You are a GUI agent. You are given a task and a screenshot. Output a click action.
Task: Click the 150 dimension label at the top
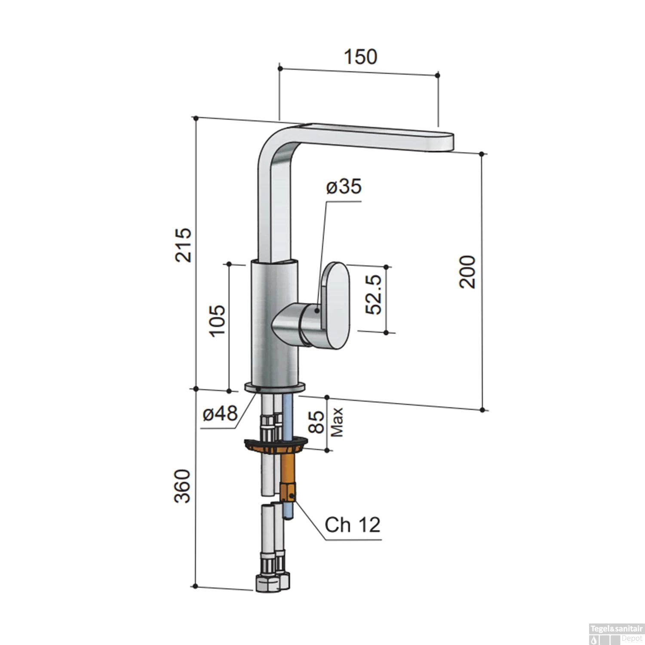point(360,57)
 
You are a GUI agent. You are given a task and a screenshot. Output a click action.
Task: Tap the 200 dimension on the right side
point(468,272)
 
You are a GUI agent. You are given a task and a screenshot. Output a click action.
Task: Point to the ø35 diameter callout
point(344,187)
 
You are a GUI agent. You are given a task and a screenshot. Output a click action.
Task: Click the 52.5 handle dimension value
point(373,295)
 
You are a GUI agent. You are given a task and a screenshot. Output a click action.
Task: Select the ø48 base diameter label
point(220,414)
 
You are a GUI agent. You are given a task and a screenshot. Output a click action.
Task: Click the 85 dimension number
point(317,422)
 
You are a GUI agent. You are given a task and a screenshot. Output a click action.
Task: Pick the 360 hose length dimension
point(182,486)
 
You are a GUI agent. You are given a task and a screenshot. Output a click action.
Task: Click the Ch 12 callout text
point(352,525)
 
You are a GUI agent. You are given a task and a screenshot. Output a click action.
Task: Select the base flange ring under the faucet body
point(275,387)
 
